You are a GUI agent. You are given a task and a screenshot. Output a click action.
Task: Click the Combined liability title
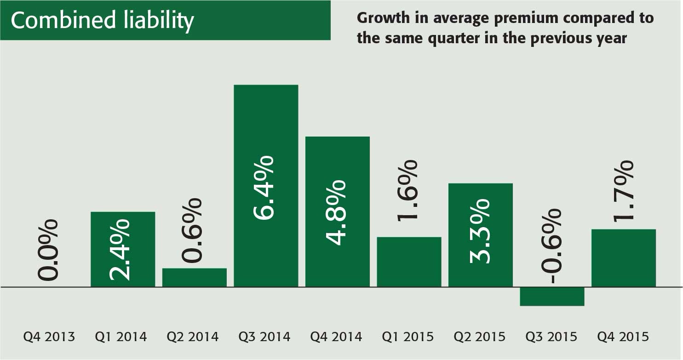(x=102, y=21)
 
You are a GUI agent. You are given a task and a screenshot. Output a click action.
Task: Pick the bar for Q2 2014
(x=195, y=277)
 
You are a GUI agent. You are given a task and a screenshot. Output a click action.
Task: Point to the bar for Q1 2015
(x=409, y=262)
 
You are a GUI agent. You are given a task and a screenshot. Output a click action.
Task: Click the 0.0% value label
(x=48, y=250)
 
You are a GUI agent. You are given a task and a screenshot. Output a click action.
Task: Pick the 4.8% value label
(x=335, y=212)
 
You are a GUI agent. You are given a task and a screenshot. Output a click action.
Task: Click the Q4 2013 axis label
(x=49, y=337)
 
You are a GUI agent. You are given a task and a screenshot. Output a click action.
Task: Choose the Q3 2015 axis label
(x=551, y=337)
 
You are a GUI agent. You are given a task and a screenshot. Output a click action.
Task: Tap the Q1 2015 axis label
(x=408, y=337)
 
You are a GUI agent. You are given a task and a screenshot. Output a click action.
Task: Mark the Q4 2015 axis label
(x=623, y=337)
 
